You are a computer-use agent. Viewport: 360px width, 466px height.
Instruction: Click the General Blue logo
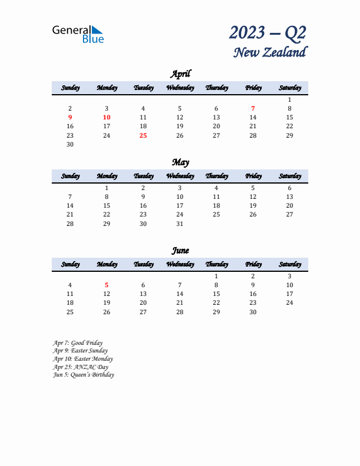click(78, 34)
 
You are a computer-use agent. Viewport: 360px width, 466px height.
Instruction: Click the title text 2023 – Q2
click(268, 32)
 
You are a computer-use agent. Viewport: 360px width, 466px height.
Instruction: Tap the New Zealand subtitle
click(269, 52)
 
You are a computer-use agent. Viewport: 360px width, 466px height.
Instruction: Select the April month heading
click(180, 74)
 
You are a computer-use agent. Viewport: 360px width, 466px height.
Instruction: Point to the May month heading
click(180, 162)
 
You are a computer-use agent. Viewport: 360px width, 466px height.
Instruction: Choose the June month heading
click(180, 250)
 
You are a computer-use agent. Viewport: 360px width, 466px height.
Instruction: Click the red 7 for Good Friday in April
click(253, 108)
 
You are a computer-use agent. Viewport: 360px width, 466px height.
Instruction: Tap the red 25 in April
click(143, 135)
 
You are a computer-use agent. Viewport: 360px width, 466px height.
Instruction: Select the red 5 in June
click(106, 285)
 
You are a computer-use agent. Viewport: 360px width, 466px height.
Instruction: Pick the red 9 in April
click(70, 117)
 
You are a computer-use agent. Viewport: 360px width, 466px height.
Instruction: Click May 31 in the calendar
click(180, 224)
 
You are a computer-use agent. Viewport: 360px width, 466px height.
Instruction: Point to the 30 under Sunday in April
click(70, 144)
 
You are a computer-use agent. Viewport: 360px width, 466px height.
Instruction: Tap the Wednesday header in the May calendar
click(180, 176)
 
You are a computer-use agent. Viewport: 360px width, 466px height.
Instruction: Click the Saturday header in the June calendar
click(289, 264)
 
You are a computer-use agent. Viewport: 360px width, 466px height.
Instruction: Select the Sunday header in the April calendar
click(70, 88)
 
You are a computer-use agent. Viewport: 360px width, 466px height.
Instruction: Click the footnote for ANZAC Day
click(80, 367)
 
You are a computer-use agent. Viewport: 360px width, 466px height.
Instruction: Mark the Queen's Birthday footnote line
click(83, 375)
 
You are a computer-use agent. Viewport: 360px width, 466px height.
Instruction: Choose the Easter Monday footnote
click(82, 359)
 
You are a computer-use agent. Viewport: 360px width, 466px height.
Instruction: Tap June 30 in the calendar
click(253, 312)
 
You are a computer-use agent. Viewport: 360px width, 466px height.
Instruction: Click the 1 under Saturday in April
click(289, 99)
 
